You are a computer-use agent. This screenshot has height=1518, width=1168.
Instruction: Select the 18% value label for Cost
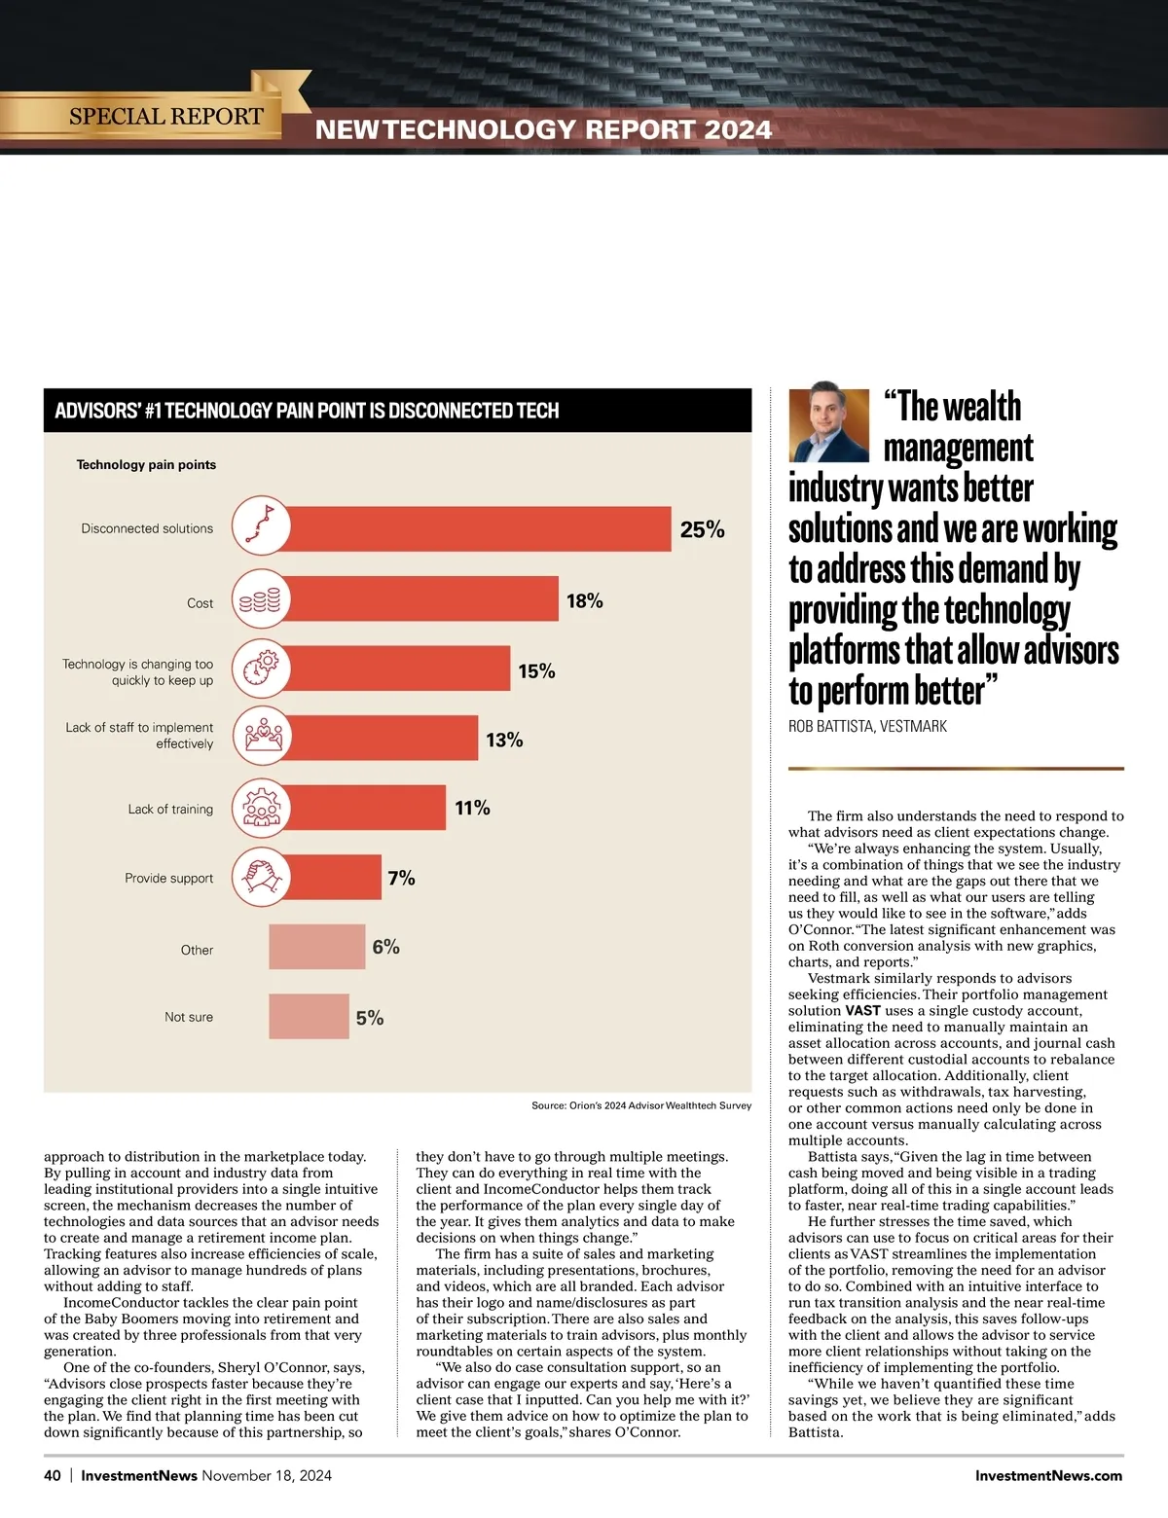[x=584, y=601]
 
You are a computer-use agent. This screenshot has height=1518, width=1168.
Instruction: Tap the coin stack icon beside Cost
[x=261, y=599]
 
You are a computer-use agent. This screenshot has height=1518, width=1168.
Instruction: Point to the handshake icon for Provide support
[x=261, y=877]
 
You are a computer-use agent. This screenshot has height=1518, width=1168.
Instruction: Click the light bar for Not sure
[x=309, y=1016]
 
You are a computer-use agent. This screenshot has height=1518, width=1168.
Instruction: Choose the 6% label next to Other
[x=385, y=947]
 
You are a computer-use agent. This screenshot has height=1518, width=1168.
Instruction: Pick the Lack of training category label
[x=170, y=809]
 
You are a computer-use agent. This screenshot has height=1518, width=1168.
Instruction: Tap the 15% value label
[x=536, y=671]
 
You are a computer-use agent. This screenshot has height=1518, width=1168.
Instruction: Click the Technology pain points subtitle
[x=146, y=464]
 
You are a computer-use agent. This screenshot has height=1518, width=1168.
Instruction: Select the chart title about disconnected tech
[x=307, y=411]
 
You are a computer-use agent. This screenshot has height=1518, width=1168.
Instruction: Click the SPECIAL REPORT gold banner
[x=165, y=116]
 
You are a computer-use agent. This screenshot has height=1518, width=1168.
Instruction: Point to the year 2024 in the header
[x=738, y=129]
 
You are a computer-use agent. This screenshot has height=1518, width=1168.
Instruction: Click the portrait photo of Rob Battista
[x=828, y=425]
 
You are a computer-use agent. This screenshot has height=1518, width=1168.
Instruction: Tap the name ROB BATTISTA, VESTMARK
[x=867, y=726]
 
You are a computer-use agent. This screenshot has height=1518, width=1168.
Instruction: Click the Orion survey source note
[x=640, y=1105]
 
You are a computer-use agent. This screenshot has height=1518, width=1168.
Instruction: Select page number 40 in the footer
[x=53, y=1475]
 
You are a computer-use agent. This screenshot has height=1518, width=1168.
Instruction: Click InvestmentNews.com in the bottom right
[x=1048, y=1475]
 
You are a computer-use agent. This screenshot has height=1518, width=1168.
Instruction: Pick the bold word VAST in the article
[x=862, y=1010]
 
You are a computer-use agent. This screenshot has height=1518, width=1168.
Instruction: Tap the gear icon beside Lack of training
[x=261, y=808]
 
